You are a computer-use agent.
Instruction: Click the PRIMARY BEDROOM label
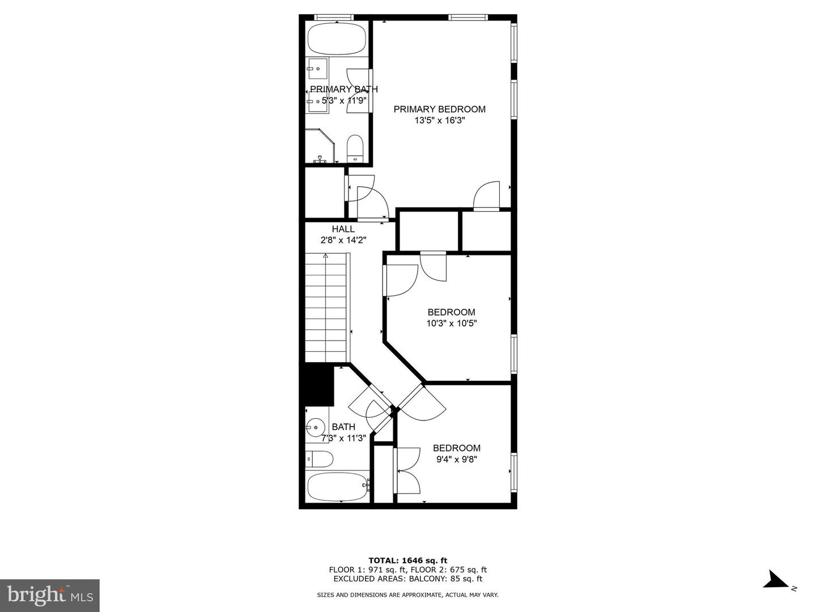[439, 109]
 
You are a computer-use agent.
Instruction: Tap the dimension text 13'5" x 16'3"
[439, 120]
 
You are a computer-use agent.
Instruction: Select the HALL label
[343, 229]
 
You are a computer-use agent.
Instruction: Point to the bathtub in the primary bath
[337, 39]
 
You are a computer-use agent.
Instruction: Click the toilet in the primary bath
[355, 147]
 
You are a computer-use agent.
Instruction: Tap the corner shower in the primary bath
[318, 147]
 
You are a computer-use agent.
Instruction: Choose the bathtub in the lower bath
[338, 487]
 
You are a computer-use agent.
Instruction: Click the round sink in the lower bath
[314, 427]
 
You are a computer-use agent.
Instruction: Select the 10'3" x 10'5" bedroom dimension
[451, 324]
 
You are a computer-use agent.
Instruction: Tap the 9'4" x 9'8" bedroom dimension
[457, 460]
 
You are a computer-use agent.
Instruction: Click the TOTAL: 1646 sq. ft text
[407, 560]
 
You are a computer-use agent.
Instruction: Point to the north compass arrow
[776, 580]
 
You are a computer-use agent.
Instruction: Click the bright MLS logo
[50, 595]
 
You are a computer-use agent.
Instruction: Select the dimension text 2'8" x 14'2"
[343, 240]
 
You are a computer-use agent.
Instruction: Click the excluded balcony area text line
[407, 579]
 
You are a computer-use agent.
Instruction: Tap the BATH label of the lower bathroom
[343, 427]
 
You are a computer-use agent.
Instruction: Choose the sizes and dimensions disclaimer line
[407, 595]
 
